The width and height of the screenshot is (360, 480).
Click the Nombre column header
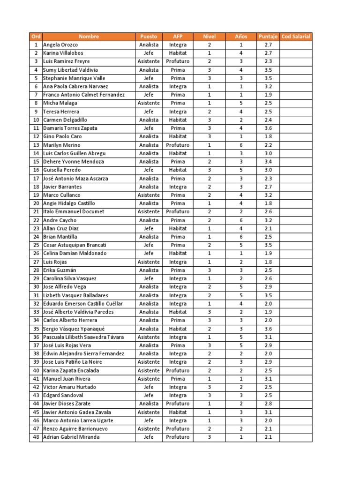click(x=89, y=37)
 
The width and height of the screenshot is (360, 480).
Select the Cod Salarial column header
click(x=296, y=37)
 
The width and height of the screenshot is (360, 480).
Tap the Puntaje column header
click(x=268, y=37)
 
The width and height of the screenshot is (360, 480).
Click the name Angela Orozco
click(x=60, y=45)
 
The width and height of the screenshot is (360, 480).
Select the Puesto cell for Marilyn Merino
click(x=149, y=145)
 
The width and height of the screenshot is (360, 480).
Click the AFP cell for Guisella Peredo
click(x=178, y=170)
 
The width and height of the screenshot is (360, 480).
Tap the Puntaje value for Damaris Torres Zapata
click(x=268, y=128)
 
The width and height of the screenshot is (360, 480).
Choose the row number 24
click(x=36, y=237)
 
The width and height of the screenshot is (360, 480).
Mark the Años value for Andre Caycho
click(x=241, y=220)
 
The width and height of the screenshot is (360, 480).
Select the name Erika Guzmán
click(x=60, y=270)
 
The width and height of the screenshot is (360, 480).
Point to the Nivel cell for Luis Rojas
click(x=210, y=262)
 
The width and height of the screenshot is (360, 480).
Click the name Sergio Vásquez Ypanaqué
click(x=74, y=329)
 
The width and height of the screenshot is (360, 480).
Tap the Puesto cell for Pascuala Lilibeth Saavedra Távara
click(x=149, y=337)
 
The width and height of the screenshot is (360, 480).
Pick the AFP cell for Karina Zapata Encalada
click(x=178, y=370)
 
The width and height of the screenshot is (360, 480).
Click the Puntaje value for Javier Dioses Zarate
click(x=268, y=404)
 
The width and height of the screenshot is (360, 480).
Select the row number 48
click(x=36, y=437)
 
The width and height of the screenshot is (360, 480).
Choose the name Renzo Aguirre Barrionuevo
click(x=75, y=428)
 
